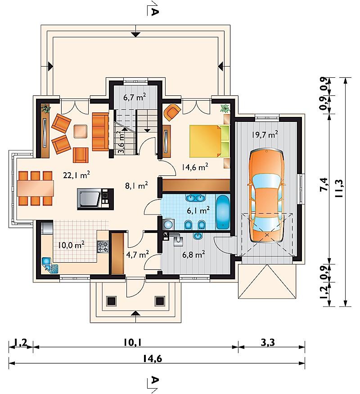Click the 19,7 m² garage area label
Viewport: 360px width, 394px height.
click(265, 134)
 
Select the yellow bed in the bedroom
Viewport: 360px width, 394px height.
click(209, 141)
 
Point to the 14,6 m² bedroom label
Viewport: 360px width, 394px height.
click(195, 167)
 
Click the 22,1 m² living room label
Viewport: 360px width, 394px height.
click(76, 175)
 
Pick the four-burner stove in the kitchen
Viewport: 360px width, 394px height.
click(103, 246)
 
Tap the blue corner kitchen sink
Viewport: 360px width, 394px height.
click(50, 265)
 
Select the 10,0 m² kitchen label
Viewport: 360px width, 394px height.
click(71, 245)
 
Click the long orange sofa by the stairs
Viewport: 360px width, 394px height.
click(100, 132)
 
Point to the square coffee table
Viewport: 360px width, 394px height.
click(81, 131)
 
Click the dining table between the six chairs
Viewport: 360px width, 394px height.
click(35, 188)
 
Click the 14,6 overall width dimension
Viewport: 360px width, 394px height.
click(153, 359)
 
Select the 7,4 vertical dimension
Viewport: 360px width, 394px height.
click(324, 184)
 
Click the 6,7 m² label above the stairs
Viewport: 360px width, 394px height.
click(135, 97)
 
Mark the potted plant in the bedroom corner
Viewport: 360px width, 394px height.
click(225, 108)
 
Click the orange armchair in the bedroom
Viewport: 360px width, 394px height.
click(172, 112)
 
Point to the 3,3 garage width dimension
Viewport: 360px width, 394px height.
click(268, 342)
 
